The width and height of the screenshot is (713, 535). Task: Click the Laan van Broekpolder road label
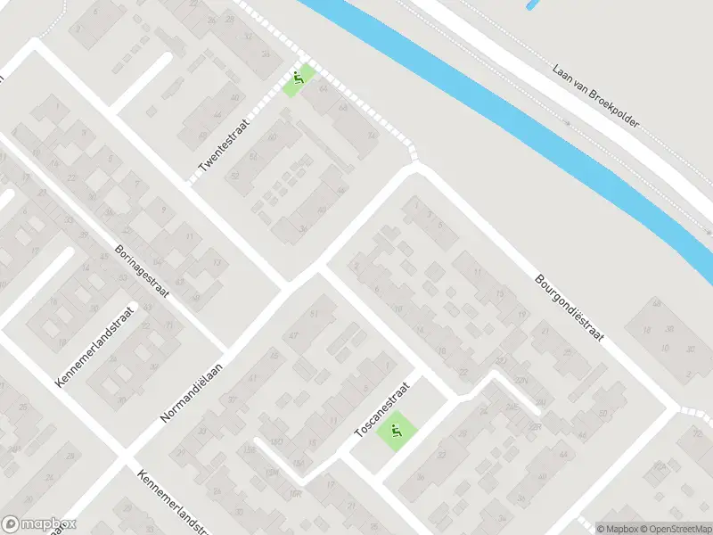595,96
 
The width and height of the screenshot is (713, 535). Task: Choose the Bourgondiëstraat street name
570,307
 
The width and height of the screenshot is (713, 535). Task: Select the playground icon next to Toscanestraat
395,432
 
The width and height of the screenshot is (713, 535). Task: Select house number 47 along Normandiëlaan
293,334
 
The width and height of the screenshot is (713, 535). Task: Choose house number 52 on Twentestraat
254,156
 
